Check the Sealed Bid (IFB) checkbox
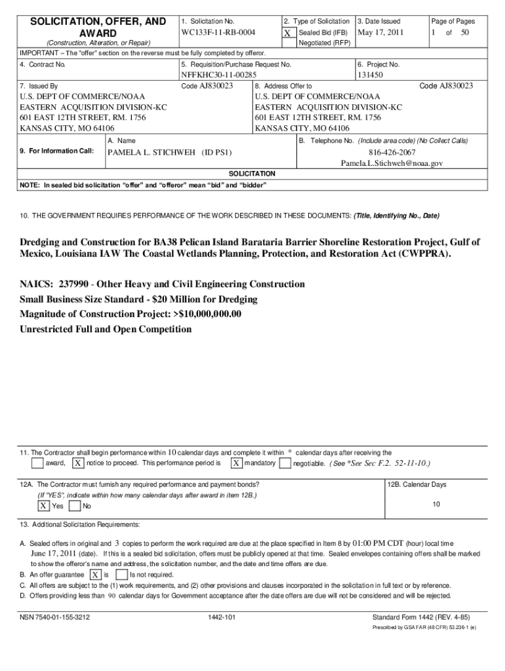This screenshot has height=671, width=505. click(x=287, y=33)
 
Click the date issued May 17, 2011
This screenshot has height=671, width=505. click(x=380, y=32)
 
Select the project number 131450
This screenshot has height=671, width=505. click(x=370, y=75)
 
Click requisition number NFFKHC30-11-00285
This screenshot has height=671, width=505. click(x=218, y=75)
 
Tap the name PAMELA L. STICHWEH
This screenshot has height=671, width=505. click(x=170, y=152)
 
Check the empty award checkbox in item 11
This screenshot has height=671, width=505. click(x=37, y=463)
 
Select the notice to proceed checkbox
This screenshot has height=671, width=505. click(x=77, y=463)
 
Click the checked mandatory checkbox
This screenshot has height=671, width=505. click(x=235, y=463)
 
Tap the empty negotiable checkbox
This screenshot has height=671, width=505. click(x=285, y=463)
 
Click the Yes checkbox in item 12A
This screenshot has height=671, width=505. click(x=43, y=506)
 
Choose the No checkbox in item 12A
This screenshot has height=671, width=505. click(x=75, y=506)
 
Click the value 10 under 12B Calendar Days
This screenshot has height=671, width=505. click(x=436, y=504)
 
